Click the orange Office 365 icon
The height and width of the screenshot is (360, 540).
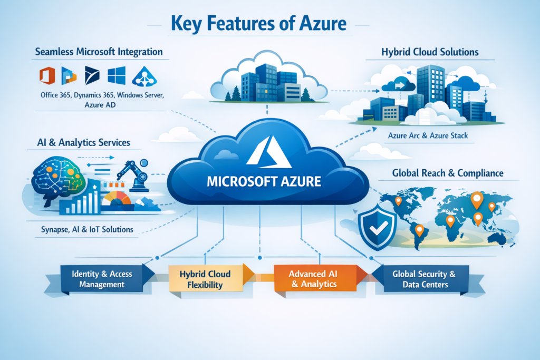(47, 76)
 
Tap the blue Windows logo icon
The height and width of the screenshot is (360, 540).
(116, 76)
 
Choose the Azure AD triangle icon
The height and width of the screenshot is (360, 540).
(144, 77)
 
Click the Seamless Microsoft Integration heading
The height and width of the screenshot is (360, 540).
(99, 52)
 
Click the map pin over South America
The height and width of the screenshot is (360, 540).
(419, 229)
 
